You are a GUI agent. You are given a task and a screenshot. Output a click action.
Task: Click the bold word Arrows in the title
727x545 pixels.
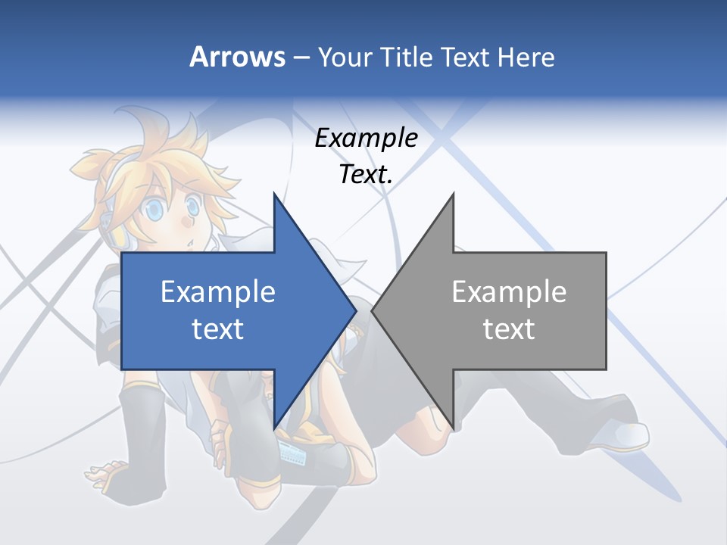[237, 57]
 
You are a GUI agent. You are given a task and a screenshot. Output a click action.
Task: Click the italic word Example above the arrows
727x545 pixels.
[366, 139]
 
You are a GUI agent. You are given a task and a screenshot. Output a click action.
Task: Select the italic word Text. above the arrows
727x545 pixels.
[366, 175]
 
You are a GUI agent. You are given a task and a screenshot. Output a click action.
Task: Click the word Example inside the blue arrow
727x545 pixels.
[218, 291]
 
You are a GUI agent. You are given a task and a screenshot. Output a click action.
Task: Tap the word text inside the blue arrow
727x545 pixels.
[218, 329]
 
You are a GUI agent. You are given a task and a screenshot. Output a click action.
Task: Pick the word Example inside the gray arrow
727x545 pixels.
[509, 291]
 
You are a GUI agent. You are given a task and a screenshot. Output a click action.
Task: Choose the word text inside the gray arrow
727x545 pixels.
[509, 329]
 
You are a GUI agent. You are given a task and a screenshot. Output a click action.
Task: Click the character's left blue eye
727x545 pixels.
[156, 210]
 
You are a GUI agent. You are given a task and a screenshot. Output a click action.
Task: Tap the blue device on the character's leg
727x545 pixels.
[295, 455]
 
